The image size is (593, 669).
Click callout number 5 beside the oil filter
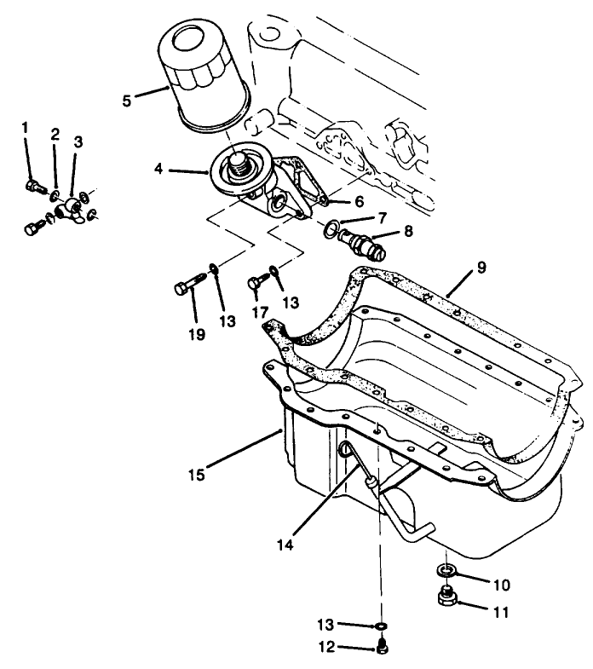(x=127, y=100)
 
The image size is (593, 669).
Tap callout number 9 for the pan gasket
(x=481, y=267)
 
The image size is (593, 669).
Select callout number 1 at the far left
(x=26, y=128)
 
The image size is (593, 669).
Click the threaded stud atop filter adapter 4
(x=239, y=164)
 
